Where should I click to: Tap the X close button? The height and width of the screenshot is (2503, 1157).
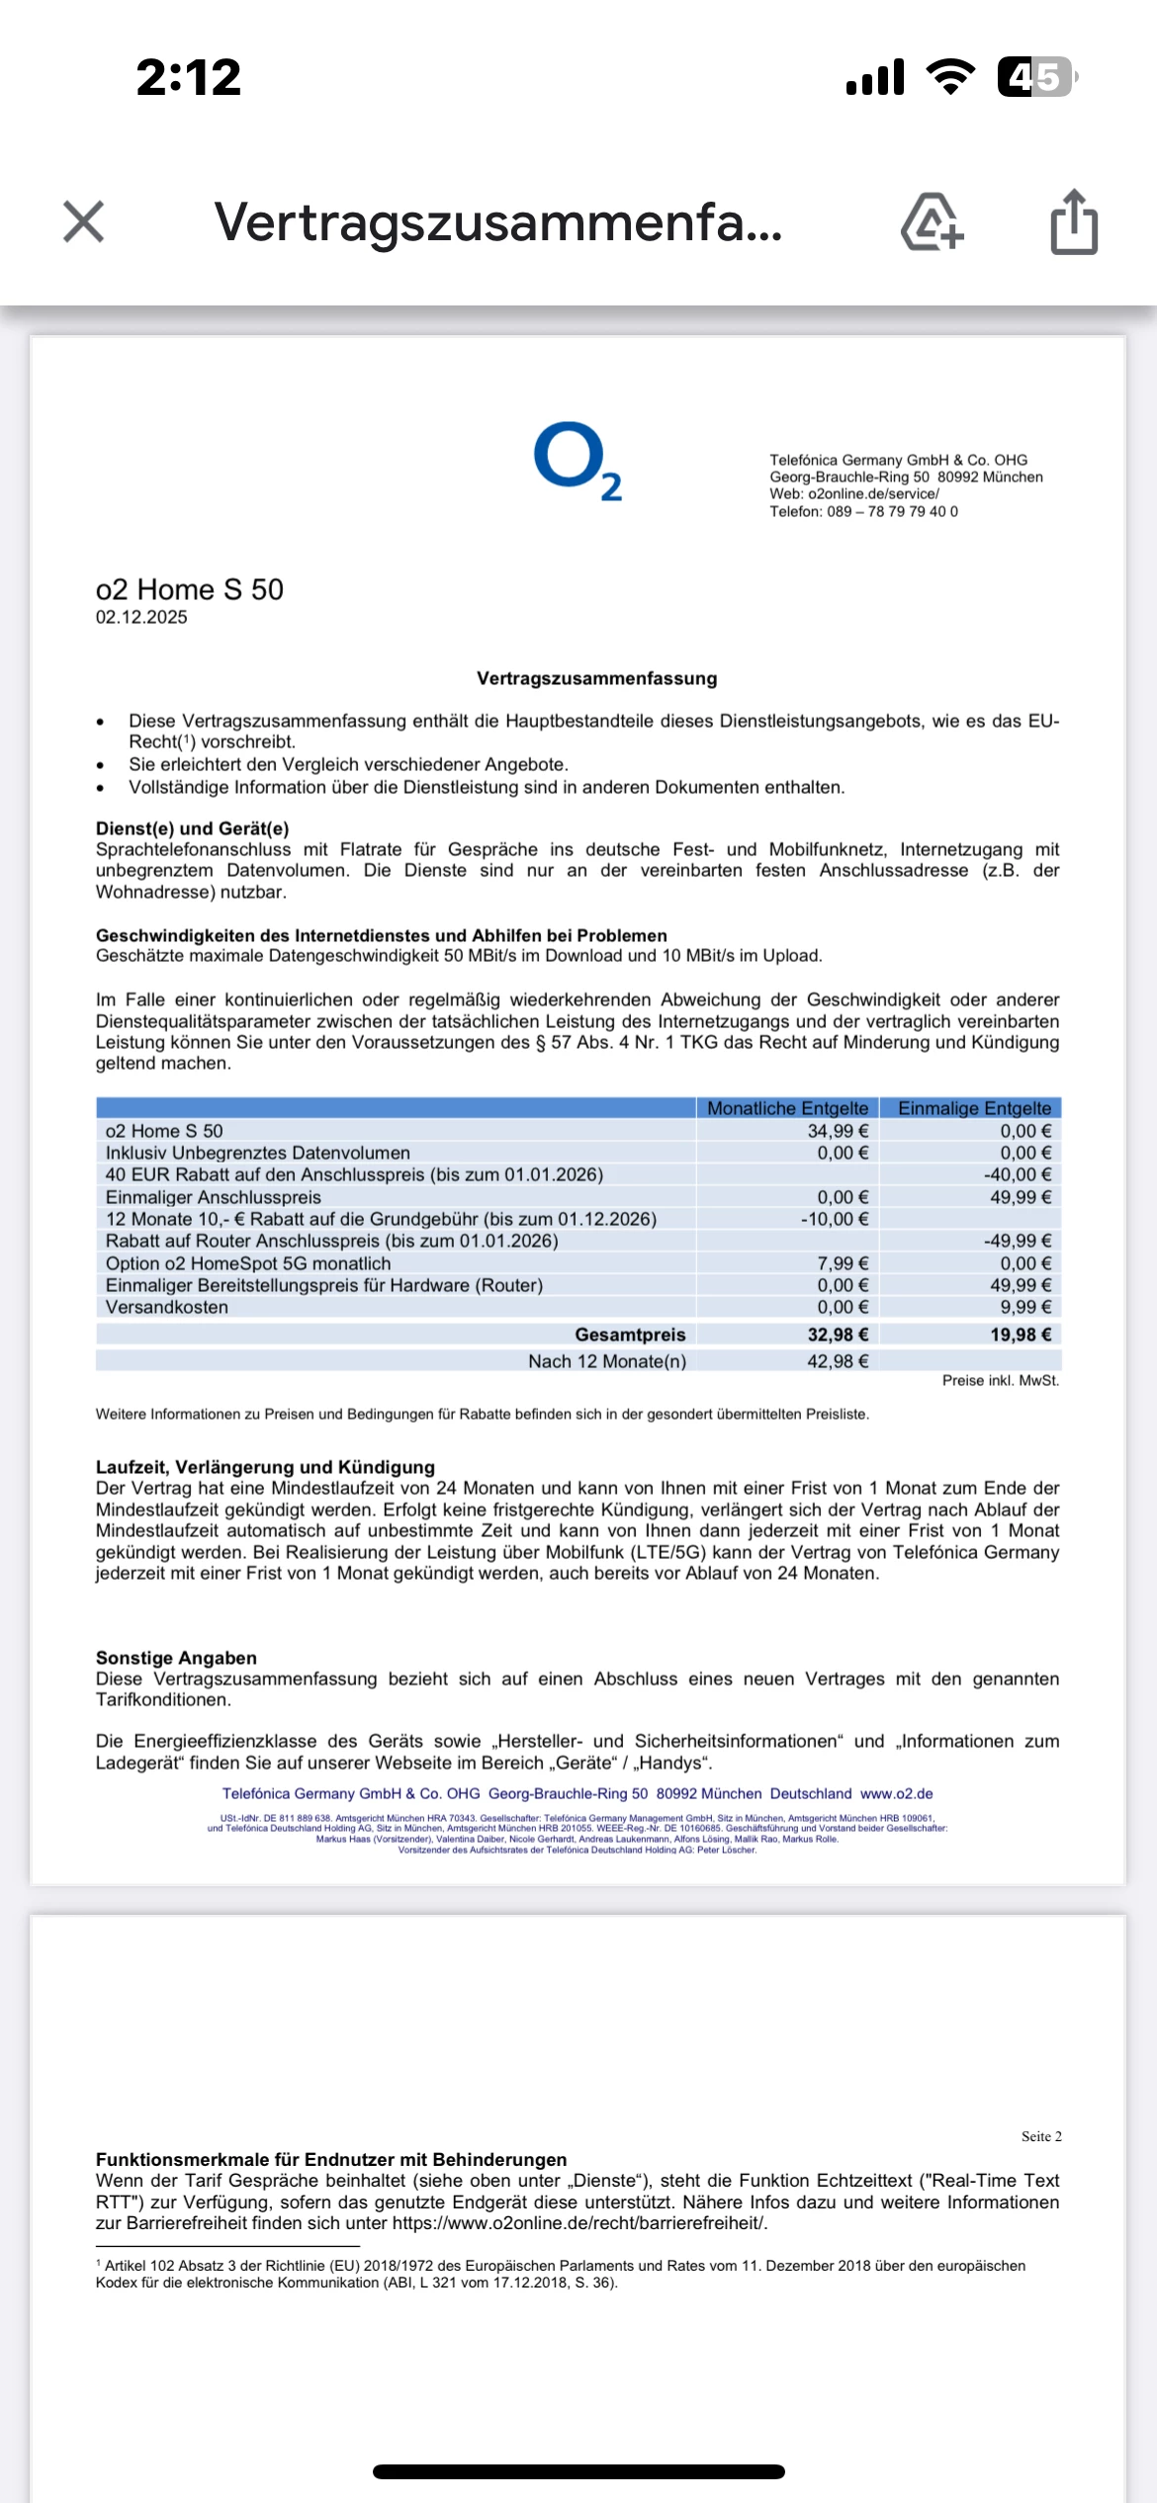pos(83,221)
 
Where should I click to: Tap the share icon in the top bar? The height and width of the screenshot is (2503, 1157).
pos(1074,222)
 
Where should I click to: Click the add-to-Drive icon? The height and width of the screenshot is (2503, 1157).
pos(932,222)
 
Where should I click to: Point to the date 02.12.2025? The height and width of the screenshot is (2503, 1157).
pos(141,618)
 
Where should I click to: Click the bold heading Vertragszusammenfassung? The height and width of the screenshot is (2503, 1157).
pos(596,679)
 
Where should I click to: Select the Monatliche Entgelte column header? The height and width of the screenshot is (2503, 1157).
pos(787,1108)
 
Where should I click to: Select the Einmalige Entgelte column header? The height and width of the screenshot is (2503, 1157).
pos(974,1108)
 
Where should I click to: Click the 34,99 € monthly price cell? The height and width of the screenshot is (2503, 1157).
pos(838,1131)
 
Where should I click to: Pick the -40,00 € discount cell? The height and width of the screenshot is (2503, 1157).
pos(1018,1174)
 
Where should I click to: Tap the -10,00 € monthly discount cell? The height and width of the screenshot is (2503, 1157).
pos(835,1219)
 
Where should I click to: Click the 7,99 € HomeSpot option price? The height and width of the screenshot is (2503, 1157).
pos(843,1263)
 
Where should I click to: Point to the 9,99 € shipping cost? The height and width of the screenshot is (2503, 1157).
pos(1025,1307)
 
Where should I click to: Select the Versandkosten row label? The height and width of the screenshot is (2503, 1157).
pos(167,1307)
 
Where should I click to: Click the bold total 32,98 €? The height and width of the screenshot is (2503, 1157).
pos(838,1335)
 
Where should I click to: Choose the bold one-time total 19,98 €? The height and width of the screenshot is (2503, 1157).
pos(1021,1335)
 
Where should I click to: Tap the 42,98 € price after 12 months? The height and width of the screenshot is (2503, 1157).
pos(838,1361)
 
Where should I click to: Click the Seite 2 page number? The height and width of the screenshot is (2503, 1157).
pos(1041,2136)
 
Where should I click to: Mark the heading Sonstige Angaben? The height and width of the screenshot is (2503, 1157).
pos(176,1658)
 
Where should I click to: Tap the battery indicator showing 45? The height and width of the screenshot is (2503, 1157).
pos(1035,77)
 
